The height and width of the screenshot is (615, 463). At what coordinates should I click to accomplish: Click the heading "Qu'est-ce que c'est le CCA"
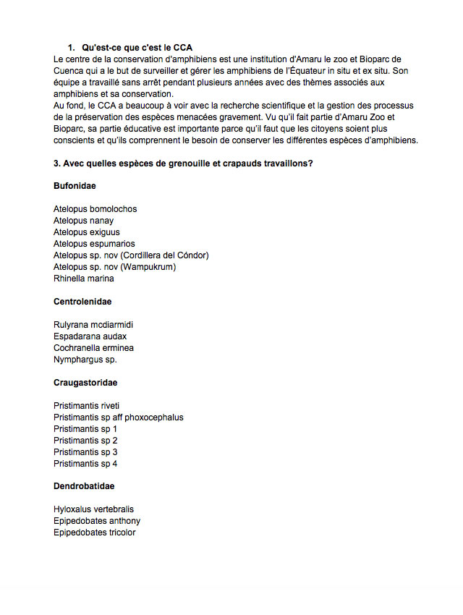tap(137, 48)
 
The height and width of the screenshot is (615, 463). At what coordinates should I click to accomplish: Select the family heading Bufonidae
tap(75, 186)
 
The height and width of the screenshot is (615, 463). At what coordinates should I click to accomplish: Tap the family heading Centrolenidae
tap(82, 301)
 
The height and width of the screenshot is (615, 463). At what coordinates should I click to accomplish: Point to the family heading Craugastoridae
tap(85, 382)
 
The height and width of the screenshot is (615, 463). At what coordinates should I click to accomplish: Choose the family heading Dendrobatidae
tap(84, 486)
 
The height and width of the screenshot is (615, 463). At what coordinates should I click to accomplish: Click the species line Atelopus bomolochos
tap(95, 209)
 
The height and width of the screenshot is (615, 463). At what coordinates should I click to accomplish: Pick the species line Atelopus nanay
tap(83, 221)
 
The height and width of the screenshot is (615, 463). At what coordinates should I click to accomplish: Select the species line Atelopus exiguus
tap(86, 232)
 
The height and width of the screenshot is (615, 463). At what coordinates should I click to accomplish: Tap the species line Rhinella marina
tap(83, 279)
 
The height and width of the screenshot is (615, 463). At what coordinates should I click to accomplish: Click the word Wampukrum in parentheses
tap(148, 267)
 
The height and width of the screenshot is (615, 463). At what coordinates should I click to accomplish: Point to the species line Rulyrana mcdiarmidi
tap(93, 325)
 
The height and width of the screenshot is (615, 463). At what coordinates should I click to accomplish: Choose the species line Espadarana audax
tap(90, 336)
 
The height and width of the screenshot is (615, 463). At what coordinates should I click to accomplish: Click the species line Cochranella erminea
tap(93, 348)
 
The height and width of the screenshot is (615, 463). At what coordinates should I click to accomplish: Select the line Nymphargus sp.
tap(85, 360)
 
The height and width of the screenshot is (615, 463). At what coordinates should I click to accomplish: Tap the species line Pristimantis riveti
tap(86, 406)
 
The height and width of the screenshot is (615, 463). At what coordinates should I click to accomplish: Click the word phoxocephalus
tap(154, 417)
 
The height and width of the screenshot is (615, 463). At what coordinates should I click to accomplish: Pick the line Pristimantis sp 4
tap(85, 464)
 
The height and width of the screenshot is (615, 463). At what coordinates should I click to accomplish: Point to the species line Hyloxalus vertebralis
tap(93, 509)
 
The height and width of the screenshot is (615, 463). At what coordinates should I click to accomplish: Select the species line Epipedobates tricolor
tap(94, 533)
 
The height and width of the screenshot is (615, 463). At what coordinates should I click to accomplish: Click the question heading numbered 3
tap(183, 163)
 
